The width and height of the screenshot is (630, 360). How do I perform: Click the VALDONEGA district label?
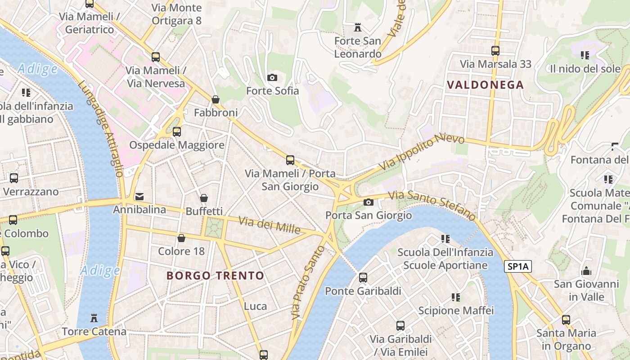click(486, 85)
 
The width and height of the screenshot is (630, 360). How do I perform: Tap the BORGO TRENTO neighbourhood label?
click(216, 275)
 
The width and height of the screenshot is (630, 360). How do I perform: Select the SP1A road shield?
click(518, 266)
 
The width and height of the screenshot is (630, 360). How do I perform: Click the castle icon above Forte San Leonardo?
click(358, 28)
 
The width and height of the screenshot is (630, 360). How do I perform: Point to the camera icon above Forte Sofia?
click(272, 77)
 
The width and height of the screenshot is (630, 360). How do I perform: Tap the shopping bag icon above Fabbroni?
click(216, 99)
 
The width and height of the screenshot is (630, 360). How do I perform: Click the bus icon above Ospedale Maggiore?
click(177, 132)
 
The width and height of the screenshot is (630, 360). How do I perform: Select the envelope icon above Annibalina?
click(139, 197)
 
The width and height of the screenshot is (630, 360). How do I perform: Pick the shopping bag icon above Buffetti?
click(204, 198)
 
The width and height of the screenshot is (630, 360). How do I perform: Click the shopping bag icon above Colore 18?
click(181, 238)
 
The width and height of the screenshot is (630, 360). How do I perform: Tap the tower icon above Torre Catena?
click(94, 319)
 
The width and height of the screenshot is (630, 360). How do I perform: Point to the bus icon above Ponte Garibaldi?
click(363, 278)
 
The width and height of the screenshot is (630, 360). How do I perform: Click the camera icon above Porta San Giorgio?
click(368, 202)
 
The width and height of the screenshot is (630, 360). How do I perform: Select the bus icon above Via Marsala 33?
click(495, 51)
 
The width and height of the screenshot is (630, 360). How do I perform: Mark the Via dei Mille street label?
click(269, 225)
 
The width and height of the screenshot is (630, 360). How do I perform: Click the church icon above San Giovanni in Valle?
click(586, 271)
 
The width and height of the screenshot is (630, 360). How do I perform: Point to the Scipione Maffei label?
click(456, 310)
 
